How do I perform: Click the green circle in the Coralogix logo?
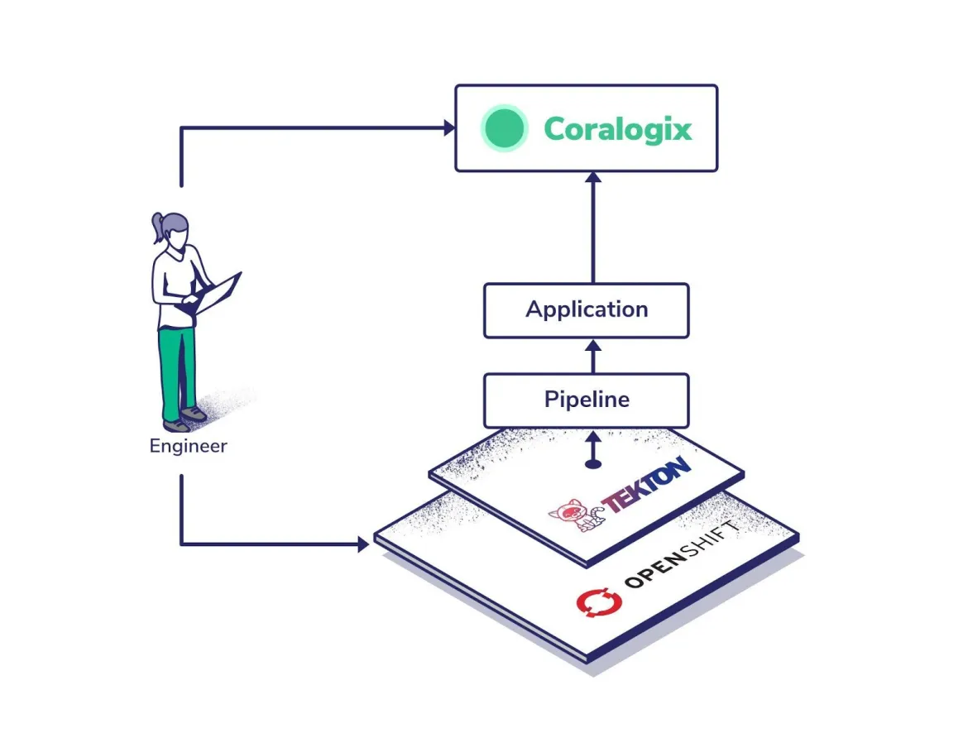[505, 128]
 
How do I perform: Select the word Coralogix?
[617, 129]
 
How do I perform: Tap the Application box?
[587, 310]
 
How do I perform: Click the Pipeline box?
[587, 400]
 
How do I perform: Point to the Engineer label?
[188, 447]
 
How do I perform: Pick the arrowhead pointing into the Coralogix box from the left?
[448, 127]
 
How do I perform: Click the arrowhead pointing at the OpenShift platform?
[362, 544]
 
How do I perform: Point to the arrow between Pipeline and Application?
[592, 356]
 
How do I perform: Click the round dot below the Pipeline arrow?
[592, 464]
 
